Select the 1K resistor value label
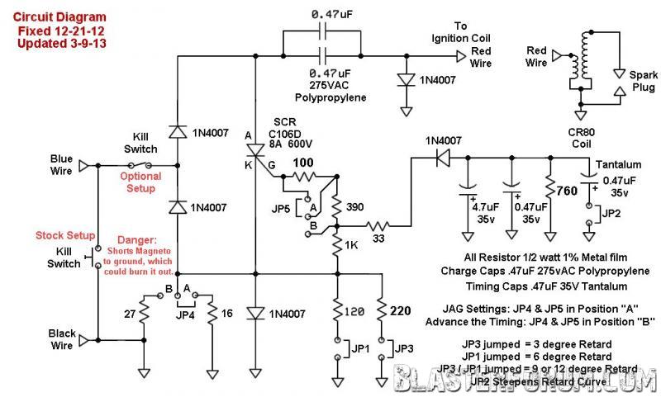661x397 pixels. pyautogui.click(x=353, y=245)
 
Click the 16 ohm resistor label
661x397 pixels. pyautogui.click(x=227, y=314)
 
